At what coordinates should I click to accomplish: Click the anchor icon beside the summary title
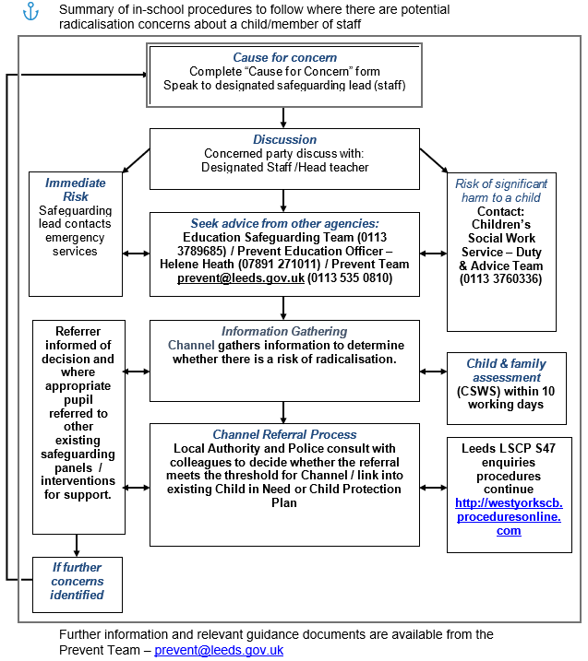coord(30,11)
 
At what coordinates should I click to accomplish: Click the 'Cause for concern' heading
coord(285,57)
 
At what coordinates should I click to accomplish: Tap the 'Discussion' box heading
coord(285,139)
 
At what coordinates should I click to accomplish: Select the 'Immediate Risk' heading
coord(76,190)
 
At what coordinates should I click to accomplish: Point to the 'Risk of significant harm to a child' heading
coord(501,191)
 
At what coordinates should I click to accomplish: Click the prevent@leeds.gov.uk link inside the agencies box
coord(241,278)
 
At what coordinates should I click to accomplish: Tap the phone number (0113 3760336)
coord(500,279)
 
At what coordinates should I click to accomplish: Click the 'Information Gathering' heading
coord(284,331)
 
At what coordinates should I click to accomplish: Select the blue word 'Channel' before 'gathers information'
coord(191,346)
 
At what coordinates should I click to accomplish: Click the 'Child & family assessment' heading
coord(506,370)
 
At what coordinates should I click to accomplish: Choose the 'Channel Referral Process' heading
coord(284,434)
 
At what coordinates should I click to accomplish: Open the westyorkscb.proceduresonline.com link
coord(509,517)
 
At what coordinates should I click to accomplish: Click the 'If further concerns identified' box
coord(78,584)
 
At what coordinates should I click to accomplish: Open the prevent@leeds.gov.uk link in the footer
coord(219,650)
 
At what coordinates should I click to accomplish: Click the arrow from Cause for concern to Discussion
coord(283,118)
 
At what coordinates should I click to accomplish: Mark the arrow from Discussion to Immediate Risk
coord(136,160)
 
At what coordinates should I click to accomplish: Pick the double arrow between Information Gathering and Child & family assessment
coord(434,372)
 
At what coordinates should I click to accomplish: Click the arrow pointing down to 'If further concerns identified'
coord(77,546)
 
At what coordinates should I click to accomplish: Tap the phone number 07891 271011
coord(279,265)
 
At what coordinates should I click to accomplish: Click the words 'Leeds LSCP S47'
coord(509,448)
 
